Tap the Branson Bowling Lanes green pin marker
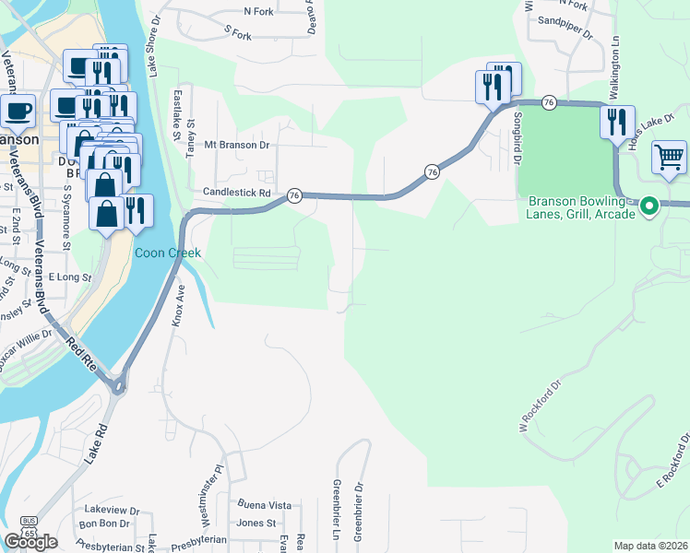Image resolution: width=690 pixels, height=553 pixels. (648, 206)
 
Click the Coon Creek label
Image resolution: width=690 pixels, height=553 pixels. (168, 253)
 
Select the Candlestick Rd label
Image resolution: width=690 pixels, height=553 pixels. (237, 194)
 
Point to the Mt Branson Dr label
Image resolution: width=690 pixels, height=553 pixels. (236, 145)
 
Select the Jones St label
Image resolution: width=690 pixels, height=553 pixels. (256, 523)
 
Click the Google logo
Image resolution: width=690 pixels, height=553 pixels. (30, 542)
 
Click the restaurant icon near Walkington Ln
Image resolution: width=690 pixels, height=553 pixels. (617, 121)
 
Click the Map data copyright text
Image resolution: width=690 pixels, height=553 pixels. (651, 546)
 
